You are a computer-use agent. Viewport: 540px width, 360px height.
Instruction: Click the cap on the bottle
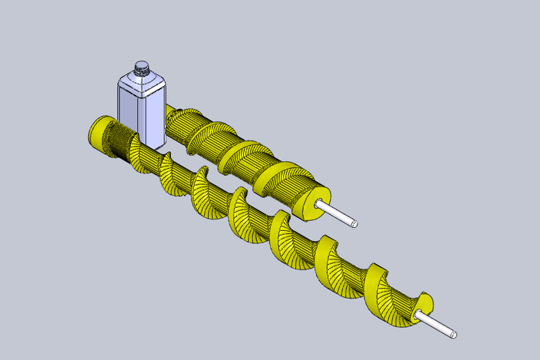pos(141,67)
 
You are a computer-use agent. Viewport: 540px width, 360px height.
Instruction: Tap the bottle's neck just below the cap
pos(141,74)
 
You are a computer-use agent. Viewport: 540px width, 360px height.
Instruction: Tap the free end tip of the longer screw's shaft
pos(454,335)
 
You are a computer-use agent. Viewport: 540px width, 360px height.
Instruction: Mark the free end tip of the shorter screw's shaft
pos(356,224)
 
